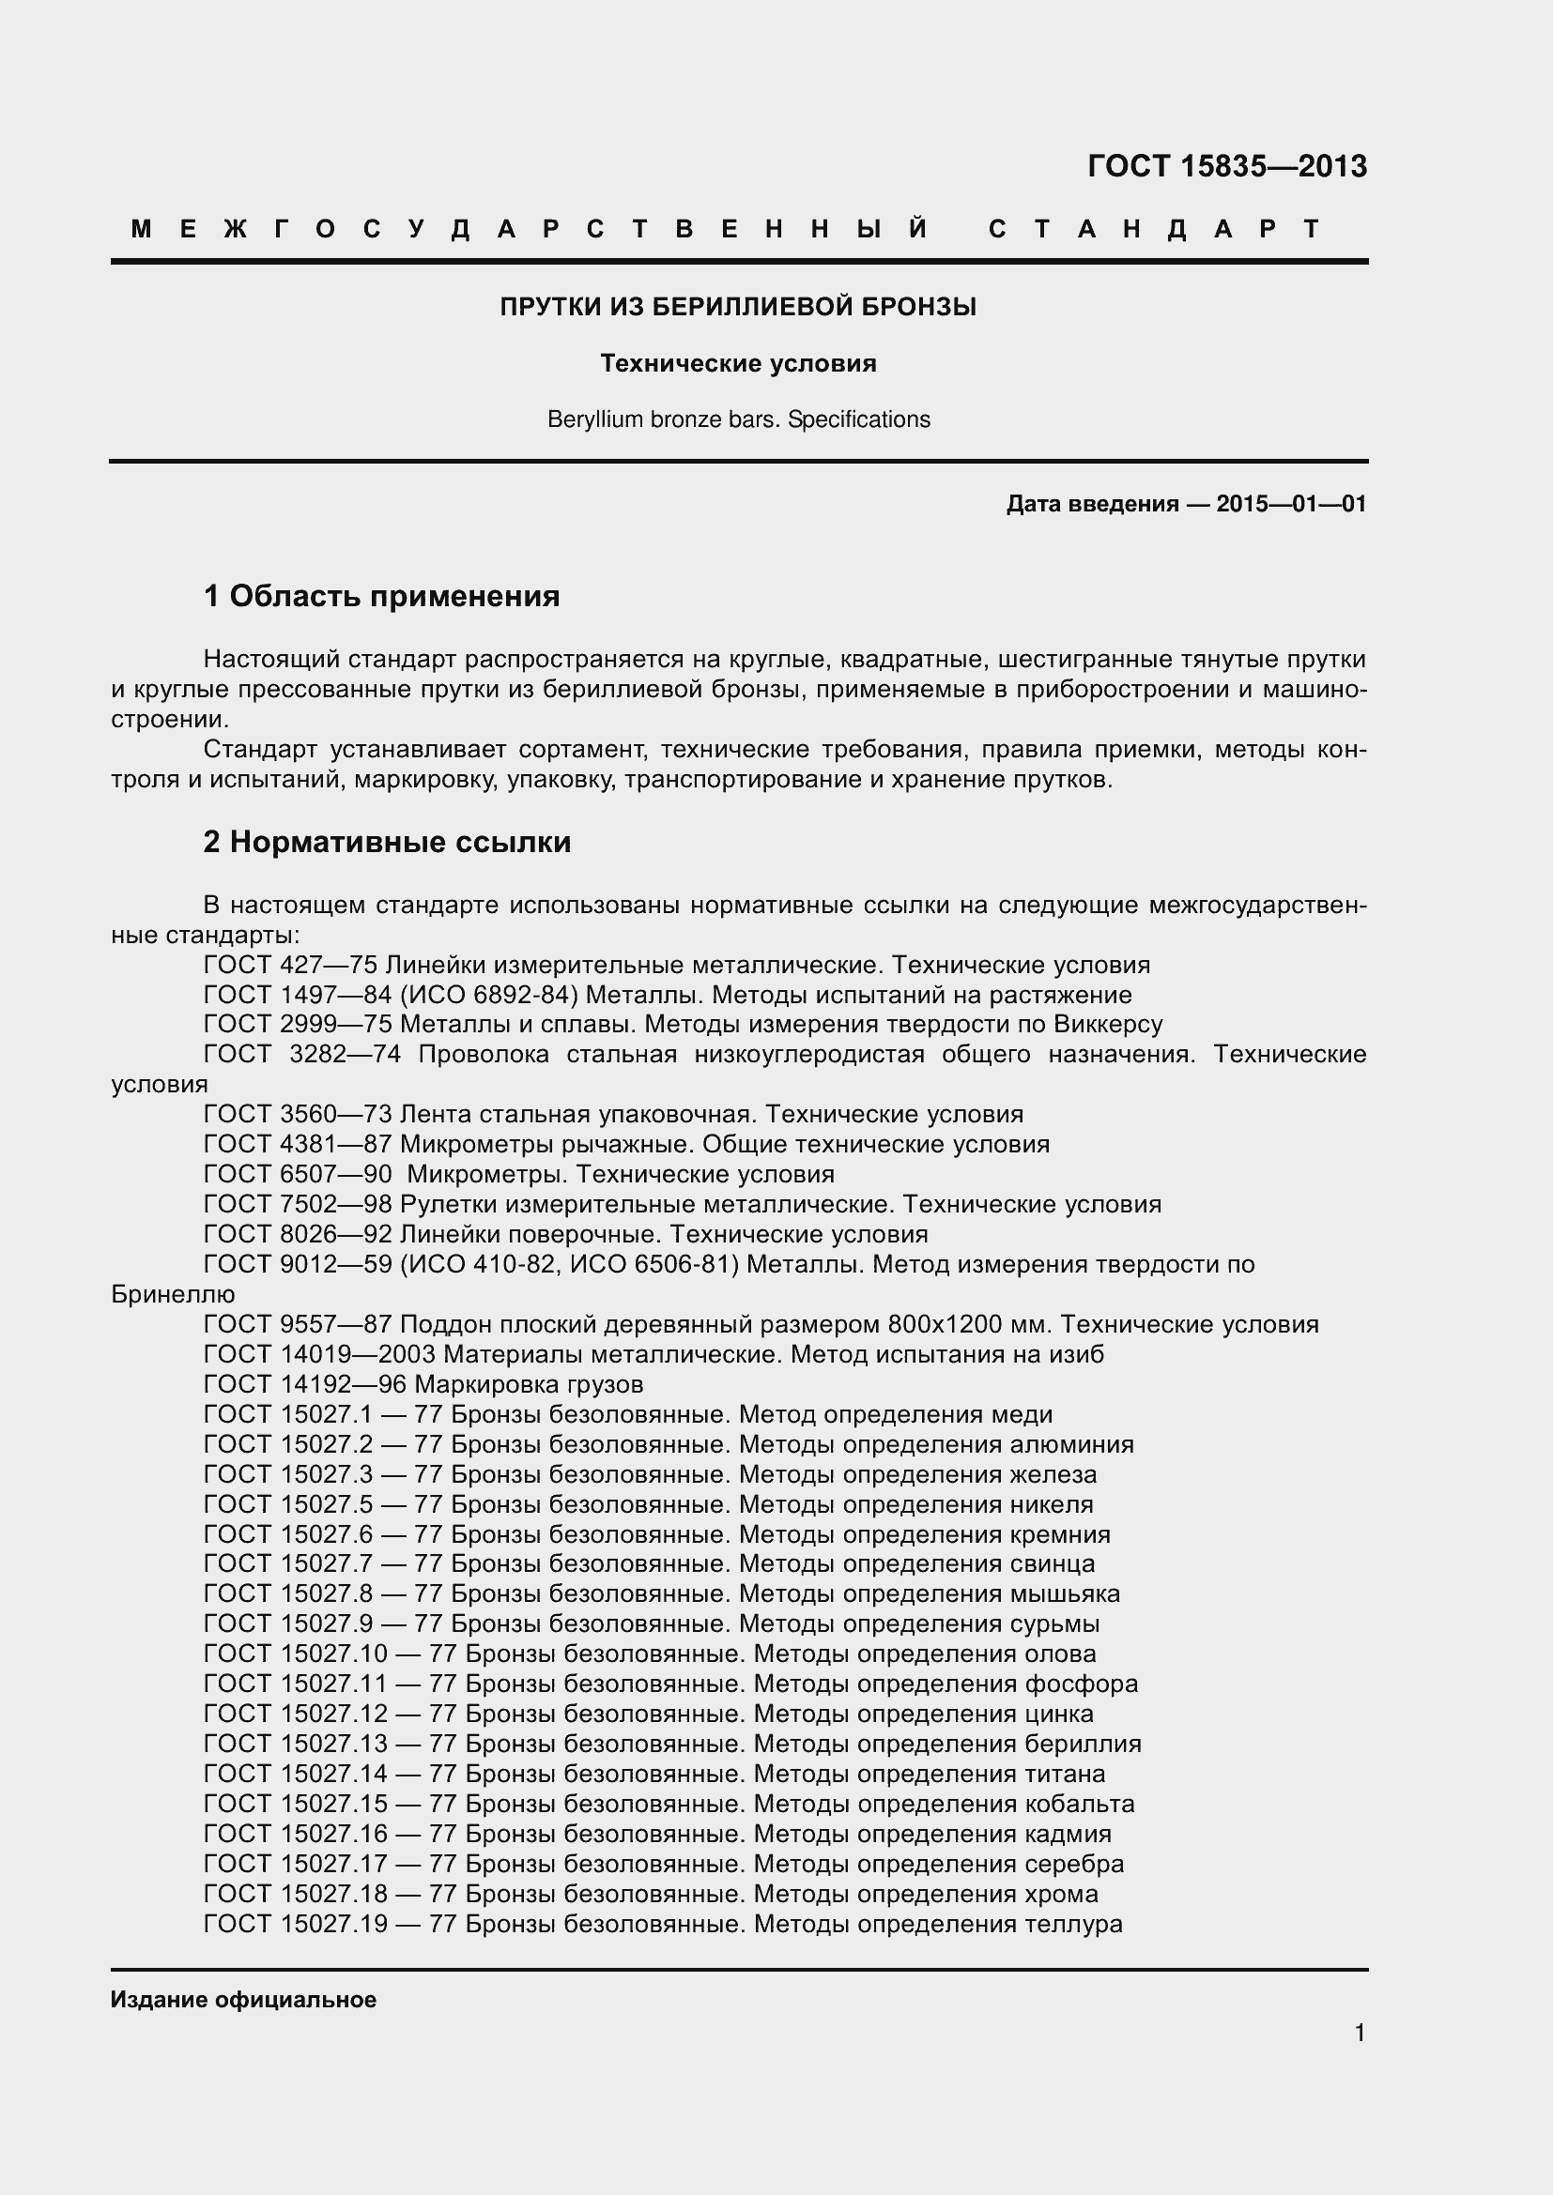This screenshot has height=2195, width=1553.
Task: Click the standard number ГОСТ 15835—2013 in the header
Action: pos(1227,166)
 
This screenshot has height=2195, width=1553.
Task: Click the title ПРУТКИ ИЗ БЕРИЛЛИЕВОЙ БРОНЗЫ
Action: pos(738,307)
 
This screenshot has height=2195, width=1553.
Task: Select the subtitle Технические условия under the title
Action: pos(738,363)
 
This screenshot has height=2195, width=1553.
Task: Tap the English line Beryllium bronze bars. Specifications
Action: pos(738,419)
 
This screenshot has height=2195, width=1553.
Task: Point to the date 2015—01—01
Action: pos(1291,504)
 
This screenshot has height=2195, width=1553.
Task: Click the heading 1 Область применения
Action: pos(381,597)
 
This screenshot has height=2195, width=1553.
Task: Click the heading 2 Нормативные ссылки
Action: pos(386,842)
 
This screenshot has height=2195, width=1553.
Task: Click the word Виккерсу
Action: pos(1108,1025)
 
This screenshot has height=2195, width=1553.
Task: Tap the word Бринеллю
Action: pos(173,1294)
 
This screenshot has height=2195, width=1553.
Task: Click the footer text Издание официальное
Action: pos(243,2000)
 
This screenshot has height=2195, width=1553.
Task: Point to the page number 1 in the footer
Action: pos(1360,2034)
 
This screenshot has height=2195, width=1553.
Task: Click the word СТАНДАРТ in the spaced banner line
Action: pos(1154,229)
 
